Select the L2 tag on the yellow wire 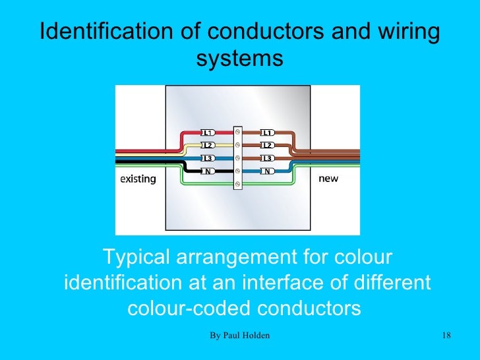[206, 145]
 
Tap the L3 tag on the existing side [206, 158]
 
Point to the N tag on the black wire [206, 171]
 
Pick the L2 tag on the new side [267, 145]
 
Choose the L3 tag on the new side [267, 158]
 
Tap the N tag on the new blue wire [267, 171]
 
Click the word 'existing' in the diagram [138, 179]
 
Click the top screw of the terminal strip [237, 133]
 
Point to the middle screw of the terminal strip [237, 158]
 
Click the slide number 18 [446, 337]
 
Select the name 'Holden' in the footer [256, 337]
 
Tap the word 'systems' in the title [240, 59]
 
